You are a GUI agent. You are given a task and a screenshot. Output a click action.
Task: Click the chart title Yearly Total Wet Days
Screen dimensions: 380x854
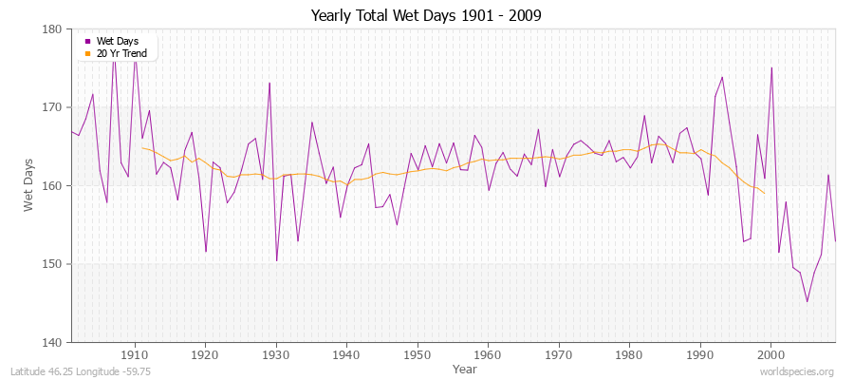pos(427,16)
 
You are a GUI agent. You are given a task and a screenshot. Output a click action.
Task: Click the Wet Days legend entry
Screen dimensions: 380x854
pos(116,41)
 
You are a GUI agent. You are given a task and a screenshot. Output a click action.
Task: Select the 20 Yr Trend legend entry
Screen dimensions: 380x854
pos(120,53)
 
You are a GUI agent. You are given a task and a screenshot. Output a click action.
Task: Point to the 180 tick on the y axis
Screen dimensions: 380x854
pos(52,29)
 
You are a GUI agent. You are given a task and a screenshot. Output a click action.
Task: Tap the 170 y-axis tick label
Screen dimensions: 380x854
pos(52,107)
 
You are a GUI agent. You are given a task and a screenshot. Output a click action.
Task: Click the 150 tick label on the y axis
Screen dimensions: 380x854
pos(52,264)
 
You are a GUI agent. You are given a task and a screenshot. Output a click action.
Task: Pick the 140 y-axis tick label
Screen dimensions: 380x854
pos(52,342)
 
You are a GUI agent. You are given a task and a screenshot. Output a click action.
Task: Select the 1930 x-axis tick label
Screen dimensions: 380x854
pos(275,355)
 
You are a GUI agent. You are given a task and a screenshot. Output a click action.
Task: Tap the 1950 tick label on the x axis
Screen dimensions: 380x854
pos(417,355)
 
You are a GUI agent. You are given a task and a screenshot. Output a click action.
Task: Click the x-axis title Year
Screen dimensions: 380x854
pos(465,369)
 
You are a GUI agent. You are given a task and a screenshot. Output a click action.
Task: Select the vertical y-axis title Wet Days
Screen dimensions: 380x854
pos(29,185)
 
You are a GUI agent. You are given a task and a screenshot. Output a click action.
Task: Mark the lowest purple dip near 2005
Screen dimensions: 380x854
pos(807,302)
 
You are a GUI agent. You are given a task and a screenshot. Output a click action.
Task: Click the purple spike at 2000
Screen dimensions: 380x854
pos(771,67)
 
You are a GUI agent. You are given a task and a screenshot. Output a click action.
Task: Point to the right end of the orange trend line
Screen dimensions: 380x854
pos(764,193)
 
